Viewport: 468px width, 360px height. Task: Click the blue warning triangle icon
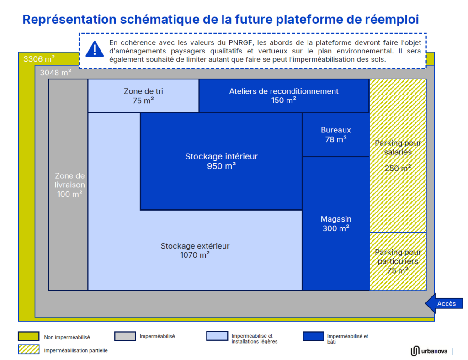click(95, 49)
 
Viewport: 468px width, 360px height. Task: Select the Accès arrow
click(444, 303)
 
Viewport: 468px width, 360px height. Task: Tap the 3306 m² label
click(39, 59)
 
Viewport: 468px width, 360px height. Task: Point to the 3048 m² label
click(55, 73)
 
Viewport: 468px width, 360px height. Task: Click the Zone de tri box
click(143, 96)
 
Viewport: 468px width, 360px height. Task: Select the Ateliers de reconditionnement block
click(284, 96)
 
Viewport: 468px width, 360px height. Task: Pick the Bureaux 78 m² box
click(336, 134)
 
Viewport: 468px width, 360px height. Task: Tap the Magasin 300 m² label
click(336, 224)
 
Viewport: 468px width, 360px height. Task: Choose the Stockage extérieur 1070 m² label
click(195, 250)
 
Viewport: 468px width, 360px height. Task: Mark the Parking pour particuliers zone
click(398, 261)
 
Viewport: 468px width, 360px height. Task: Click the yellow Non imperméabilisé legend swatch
click(29, 336)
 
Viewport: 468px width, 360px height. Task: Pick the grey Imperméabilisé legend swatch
click(125, 336)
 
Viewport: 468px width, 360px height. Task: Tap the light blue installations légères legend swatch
click(217, 336)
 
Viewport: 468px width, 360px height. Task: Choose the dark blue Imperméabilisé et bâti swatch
click(314, 336)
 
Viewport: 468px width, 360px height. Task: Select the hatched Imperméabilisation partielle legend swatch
click(29, 349)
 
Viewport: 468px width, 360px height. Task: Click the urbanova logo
click(429, 351)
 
